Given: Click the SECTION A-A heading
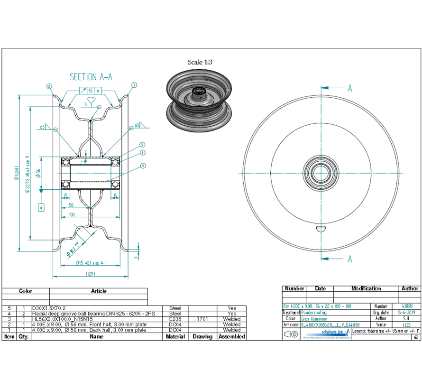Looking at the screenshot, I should (x=91, y=77).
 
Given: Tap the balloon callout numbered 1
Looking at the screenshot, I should (x=134, y=85).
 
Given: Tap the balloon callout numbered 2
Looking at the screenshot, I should (x=49, y=86).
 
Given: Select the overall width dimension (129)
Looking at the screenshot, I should (x=90, y=274).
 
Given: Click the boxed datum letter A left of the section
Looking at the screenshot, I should (x=41, y=207).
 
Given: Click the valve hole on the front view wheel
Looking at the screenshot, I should (x=321, y=228).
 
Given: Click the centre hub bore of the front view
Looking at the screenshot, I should (x=321, y=174).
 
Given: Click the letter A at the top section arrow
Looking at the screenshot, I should (x=350, y=88).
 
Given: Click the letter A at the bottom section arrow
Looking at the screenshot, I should (x=350, y=259).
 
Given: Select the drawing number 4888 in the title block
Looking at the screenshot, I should (x=406, y=306).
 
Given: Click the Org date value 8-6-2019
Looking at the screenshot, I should (x=406, y=313).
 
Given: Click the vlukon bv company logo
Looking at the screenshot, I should (x=335, y=333).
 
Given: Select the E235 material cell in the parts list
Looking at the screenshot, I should (x=175, y=319).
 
